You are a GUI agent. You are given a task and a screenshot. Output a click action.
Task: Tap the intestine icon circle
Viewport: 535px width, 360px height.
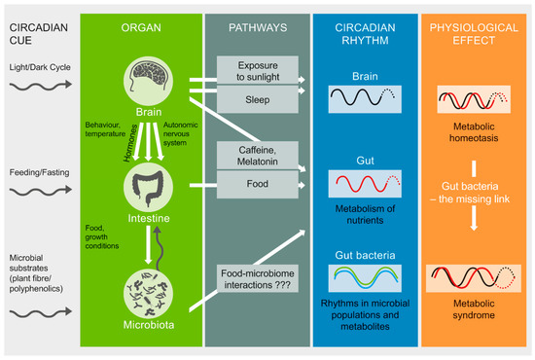(143, 183)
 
